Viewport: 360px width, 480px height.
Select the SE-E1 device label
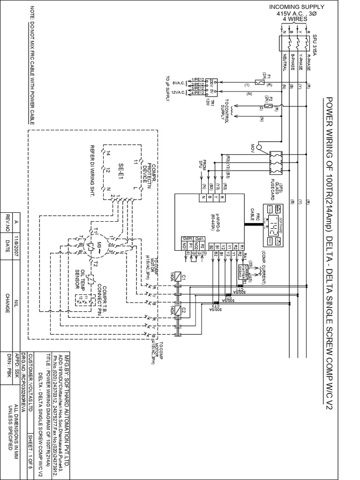coord(120,169)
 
